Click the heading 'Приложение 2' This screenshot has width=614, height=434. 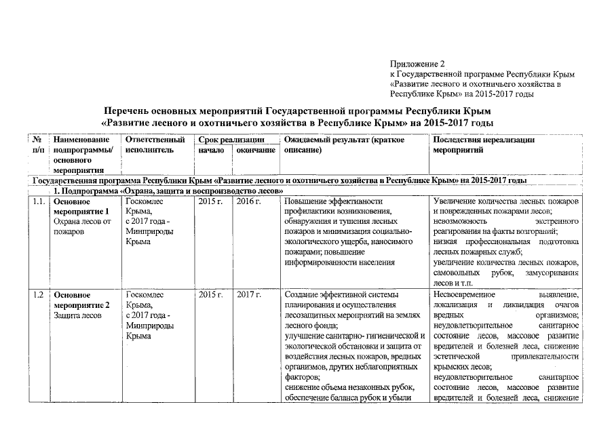[417, 63]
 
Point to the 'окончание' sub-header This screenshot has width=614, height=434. [255, 150]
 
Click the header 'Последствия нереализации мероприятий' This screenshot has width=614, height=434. [483, 144]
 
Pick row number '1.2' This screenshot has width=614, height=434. [39, 295]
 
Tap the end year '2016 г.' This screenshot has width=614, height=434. [248, 201]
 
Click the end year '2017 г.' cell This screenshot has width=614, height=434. [248, 295]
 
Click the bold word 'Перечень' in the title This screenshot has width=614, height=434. [132, 111]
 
